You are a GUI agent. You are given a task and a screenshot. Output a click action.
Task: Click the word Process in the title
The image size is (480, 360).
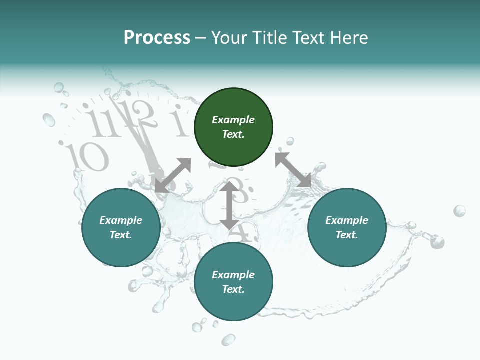click(x=157, y=38)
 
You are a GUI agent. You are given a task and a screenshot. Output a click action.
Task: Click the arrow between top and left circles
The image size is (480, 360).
click(x=173, y=175)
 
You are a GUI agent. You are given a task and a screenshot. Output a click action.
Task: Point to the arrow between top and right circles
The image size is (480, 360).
click(x=293, y=170)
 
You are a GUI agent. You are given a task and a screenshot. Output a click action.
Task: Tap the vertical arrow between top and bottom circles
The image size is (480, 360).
click(x=229, y=205)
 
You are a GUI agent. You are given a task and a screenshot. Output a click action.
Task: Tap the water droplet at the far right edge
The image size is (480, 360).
click(x=459, y=211)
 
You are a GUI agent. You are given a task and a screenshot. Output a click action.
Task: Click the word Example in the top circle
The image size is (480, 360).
click(x=233, y=120)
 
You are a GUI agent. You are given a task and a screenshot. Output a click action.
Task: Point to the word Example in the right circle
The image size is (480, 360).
click(x=346, y=220)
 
